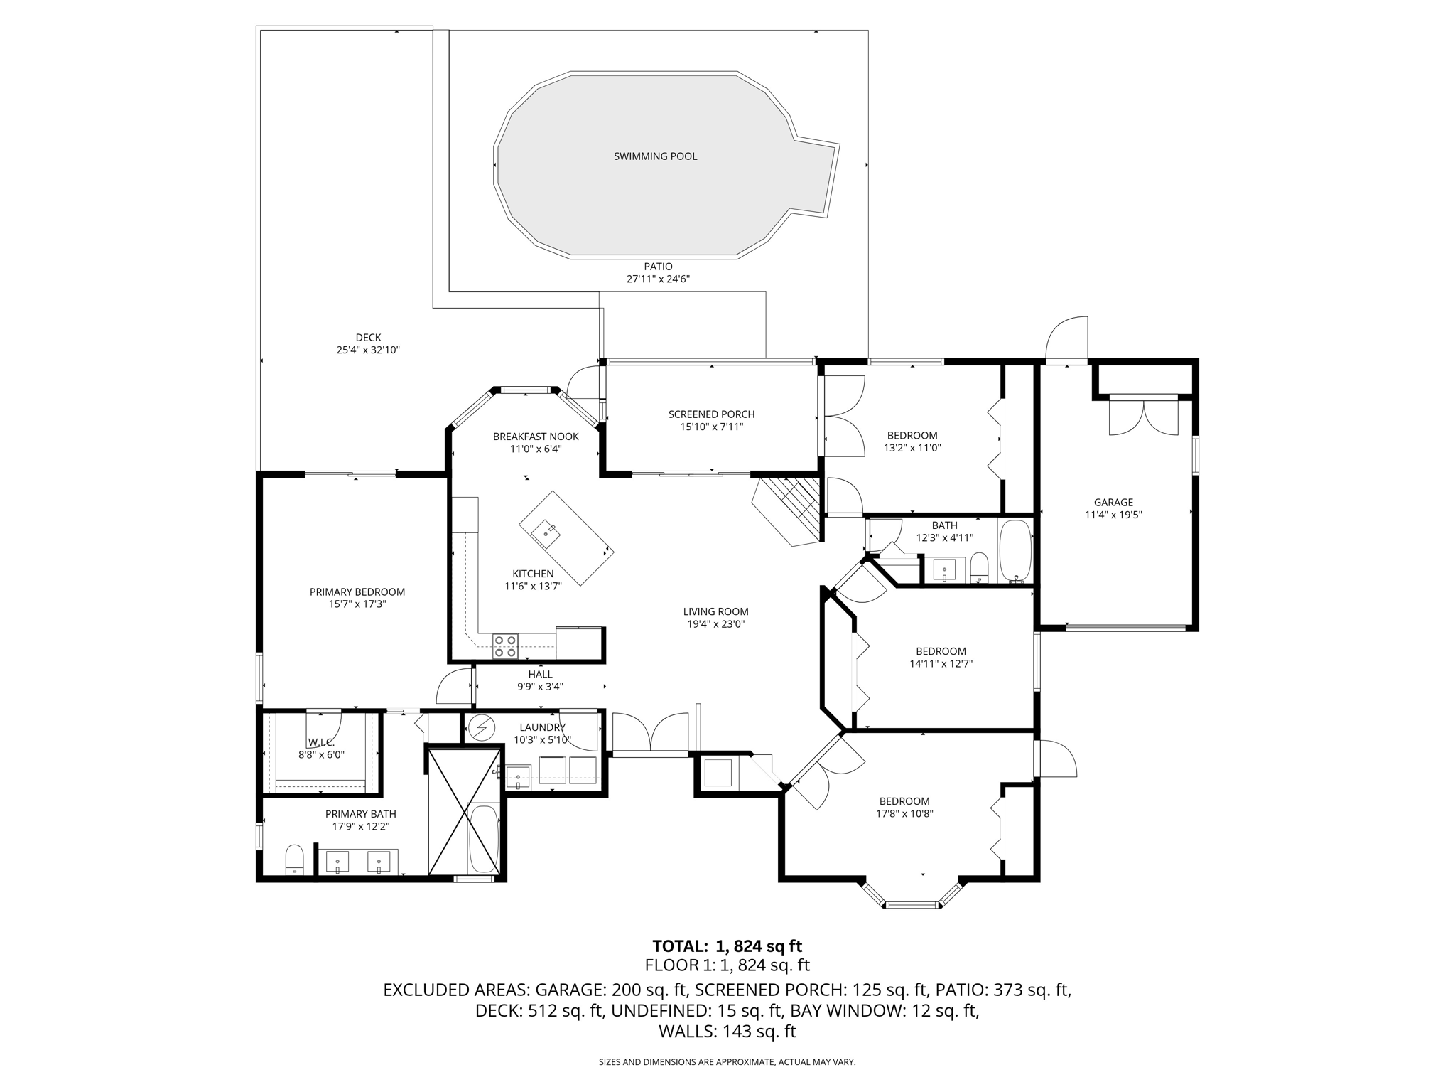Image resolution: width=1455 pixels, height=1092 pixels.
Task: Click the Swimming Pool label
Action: tap(655, 156)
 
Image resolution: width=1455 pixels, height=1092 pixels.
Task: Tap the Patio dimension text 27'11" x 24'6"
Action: tap(658, 279)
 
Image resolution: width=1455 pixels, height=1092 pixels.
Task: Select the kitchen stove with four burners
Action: tap(506, 646)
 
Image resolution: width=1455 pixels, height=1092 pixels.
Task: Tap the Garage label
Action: tap(1113, 503)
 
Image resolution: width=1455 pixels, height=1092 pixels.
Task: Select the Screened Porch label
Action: tap(711, 414)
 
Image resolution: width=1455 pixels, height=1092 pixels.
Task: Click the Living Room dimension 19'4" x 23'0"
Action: tap(715, 624)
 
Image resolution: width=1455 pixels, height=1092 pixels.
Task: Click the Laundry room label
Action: tap(542, 727)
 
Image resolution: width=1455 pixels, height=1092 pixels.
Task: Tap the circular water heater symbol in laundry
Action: tap(482, 727)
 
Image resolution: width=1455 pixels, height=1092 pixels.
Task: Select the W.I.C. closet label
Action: tap(321, 742)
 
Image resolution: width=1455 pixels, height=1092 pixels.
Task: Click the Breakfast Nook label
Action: tap(536, 437)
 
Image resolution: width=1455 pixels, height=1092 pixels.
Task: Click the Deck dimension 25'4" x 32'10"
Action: tap(368, 350)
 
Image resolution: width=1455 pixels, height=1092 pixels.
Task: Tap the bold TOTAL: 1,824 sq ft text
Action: tap(727, 946)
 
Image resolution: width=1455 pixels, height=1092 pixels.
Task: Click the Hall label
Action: tap(540, 675)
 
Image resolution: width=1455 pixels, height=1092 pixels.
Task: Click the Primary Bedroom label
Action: tap(357, 592)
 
